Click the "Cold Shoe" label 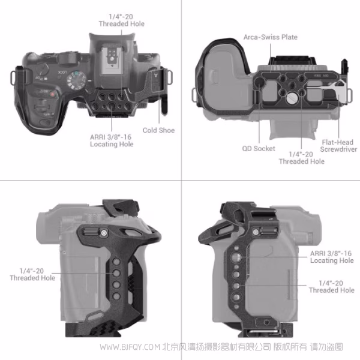(158, 130)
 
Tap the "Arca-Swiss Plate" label (270, 37)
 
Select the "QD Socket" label (259, 148)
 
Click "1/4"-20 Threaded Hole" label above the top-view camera (121, 20)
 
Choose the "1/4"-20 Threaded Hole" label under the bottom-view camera (301, 158)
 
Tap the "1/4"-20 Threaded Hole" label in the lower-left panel (32, 274)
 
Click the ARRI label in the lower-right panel (332, 257)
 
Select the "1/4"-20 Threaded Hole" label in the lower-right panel (331, 286)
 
